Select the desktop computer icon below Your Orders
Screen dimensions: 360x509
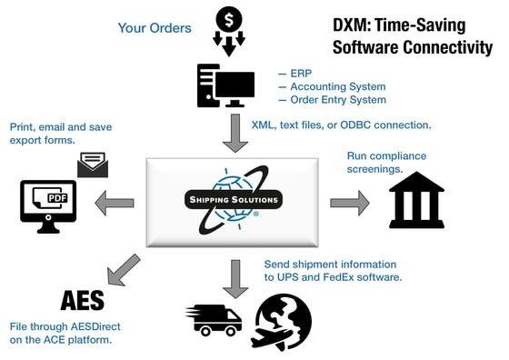click(x=225, y=86)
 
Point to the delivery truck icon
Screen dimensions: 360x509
click(x=215, y=318)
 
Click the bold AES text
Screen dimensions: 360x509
click(x=82, y=301)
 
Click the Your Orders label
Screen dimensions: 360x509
click(x=155, y=27)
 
